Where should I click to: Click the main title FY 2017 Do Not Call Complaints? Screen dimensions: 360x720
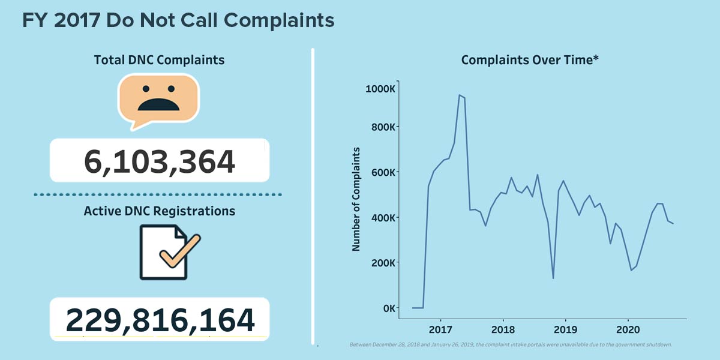(x=178, y=20)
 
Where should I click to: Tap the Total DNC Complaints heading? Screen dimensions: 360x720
(x=159, y=60)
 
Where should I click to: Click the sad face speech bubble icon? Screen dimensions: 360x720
(x=159, y=99)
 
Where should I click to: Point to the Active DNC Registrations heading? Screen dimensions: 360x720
(x=159, y=211)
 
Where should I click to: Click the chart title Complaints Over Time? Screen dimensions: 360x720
(x=530, y=60)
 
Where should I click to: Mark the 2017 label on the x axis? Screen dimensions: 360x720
(x=440, y=329)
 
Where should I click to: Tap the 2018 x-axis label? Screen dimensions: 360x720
(x=503, y=329)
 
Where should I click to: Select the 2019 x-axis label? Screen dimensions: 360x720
(x=565, y=329)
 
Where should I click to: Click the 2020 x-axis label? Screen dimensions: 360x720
(x=628, y=329)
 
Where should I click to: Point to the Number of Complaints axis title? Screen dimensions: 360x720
(x=356, y=199)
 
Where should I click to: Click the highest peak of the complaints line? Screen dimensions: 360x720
(x=459, y=95)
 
